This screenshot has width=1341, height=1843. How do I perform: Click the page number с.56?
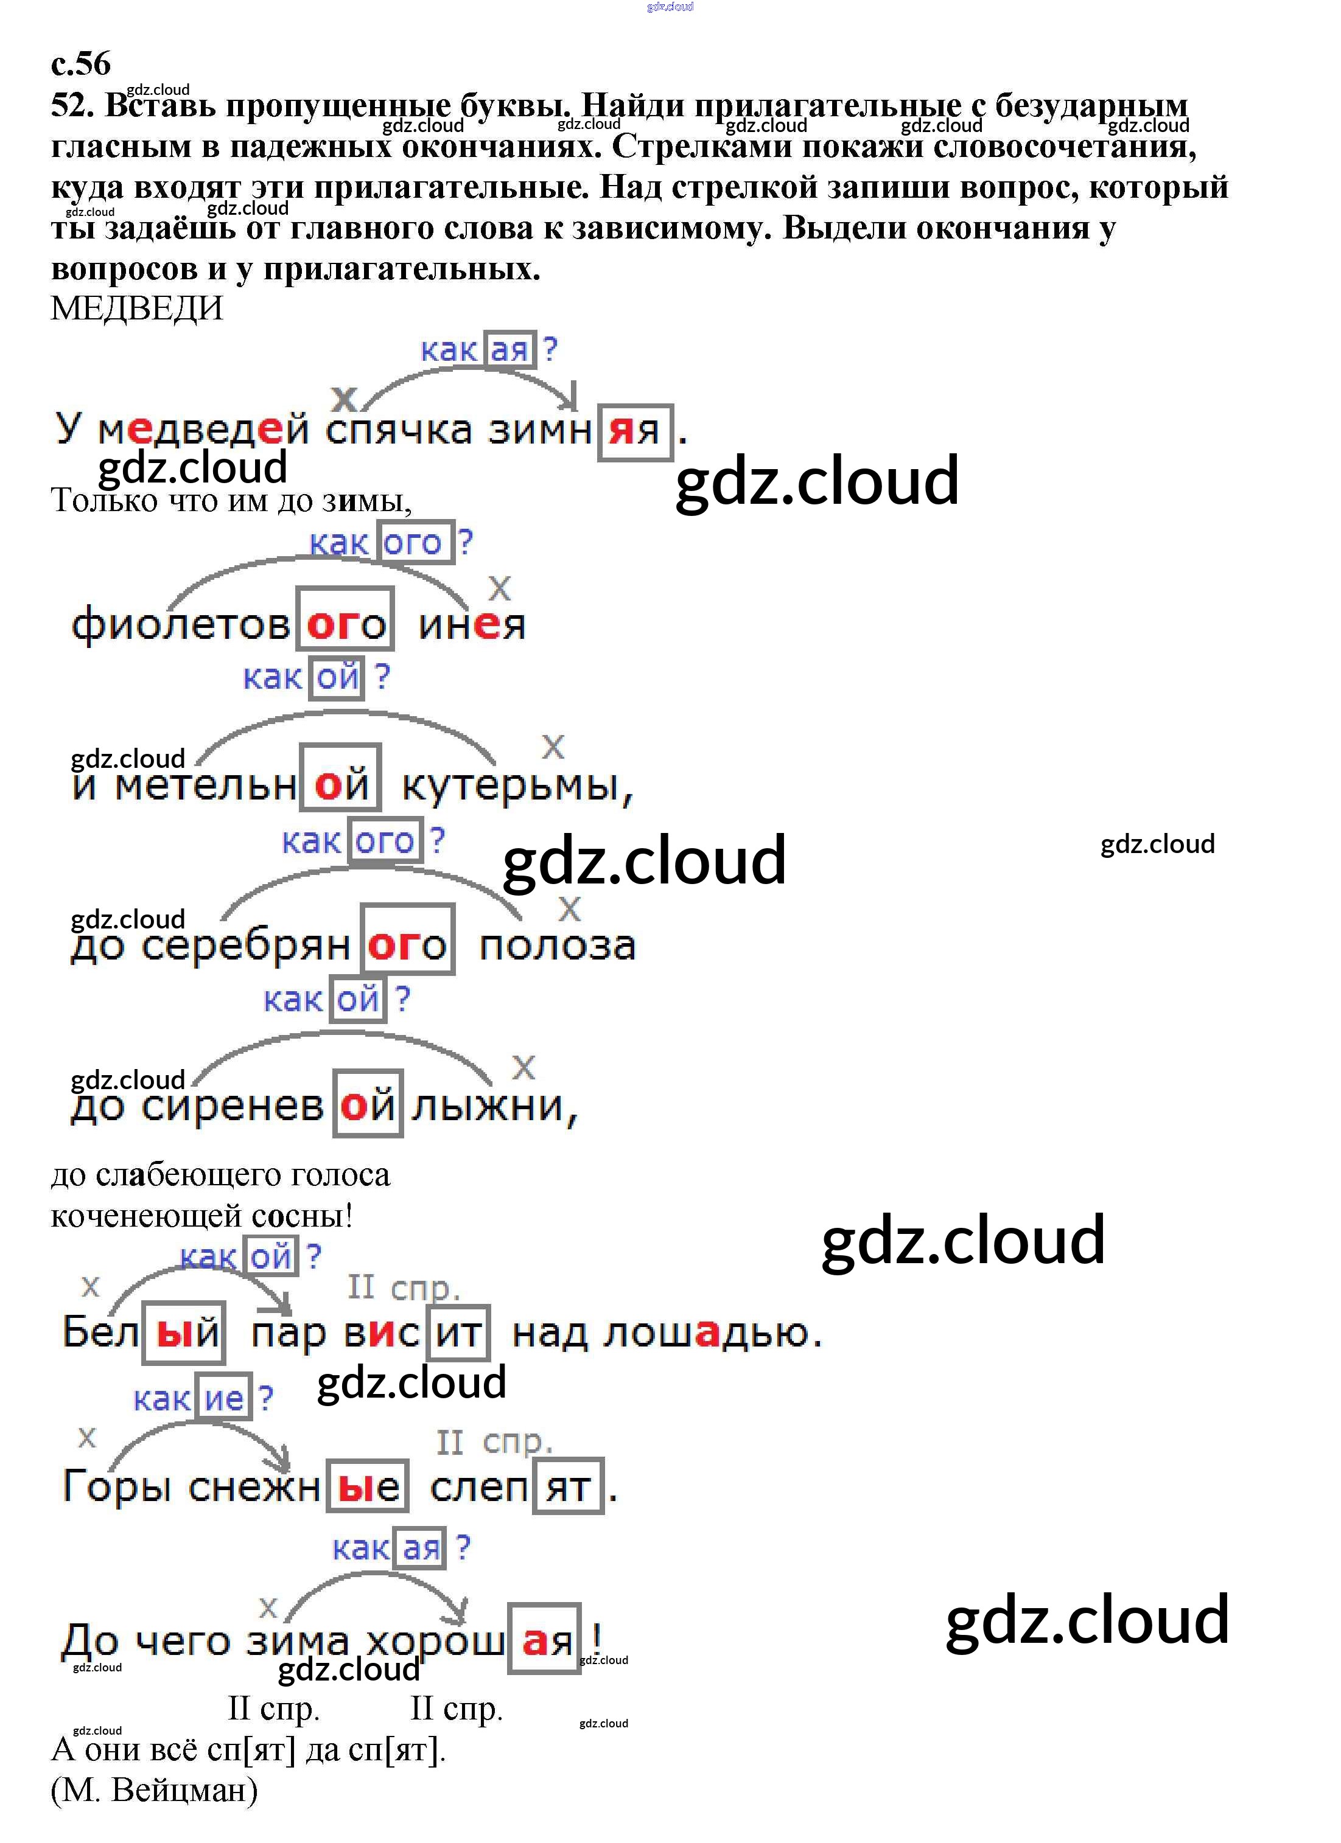(x=80, y=63)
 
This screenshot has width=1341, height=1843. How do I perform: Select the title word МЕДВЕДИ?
(x=136, y=309)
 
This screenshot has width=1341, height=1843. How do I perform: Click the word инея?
(x=471, y=625)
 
